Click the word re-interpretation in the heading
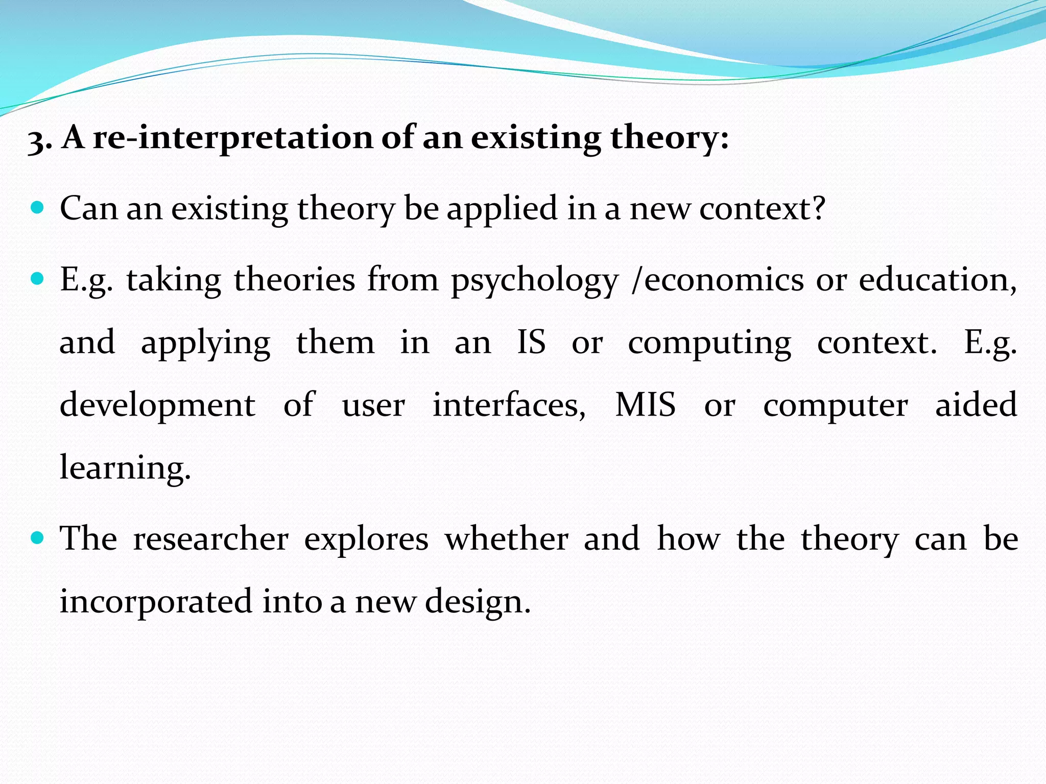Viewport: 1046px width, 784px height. pyautogui.click(x=233, y=138)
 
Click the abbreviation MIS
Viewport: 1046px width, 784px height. pyautogui.click(x=645, y=405)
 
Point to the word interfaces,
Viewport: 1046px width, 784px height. pyautogui.click(x=509, y=405)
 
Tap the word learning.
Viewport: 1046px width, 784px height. pyautogui.click(x=125, y=468)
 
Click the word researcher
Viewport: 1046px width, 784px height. pyautogui.click(x=210, y=539)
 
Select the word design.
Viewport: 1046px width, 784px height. pyautogui.click(x=478, y=602)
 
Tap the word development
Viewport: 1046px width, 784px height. pyautogui.click(x=157, y=406)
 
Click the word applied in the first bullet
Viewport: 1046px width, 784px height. pyautogui.click(x=502, y=209)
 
